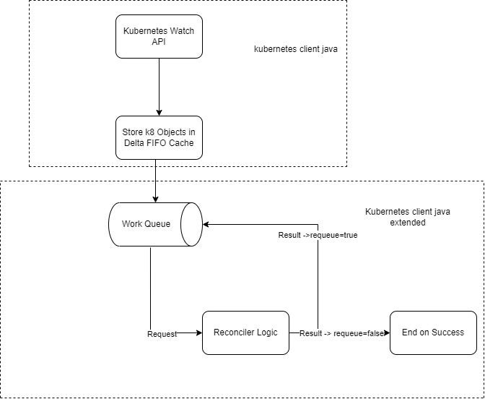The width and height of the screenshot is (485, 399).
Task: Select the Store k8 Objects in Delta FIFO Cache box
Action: (159, 137)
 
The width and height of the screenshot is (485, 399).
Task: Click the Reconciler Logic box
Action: (245, 332)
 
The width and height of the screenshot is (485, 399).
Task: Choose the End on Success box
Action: (433, 332)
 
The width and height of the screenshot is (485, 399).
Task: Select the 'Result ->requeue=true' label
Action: (318, 236)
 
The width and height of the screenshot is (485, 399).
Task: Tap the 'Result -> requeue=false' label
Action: (341, 333)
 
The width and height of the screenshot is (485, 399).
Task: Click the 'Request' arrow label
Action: (162, 334)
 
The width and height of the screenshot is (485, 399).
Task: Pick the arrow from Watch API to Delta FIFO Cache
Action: (159, 87)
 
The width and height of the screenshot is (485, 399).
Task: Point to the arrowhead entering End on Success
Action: (386, 332)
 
